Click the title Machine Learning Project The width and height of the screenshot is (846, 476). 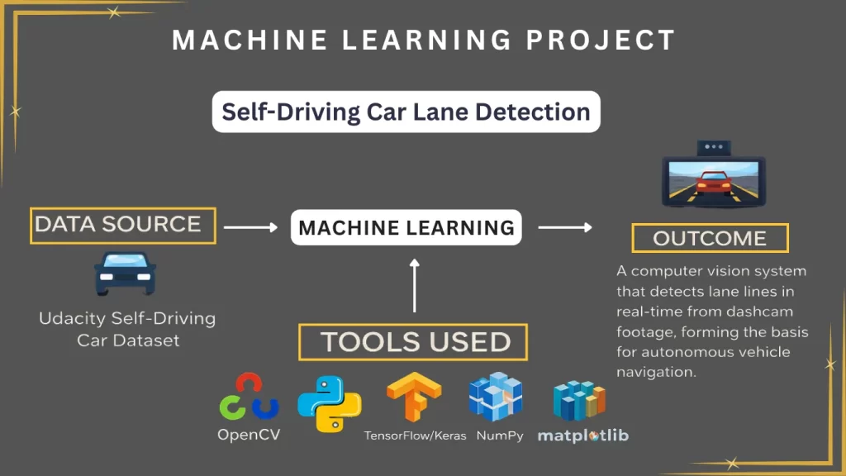pos(423,40)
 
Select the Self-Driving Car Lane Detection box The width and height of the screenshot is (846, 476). pos(406,112)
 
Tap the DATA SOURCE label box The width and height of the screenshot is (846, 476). pos(123,225)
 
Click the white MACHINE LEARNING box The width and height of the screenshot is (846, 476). pos(406,227)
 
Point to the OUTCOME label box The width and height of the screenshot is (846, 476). pos(710,238)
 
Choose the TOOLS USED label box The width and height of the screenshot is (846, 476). pos(415,342)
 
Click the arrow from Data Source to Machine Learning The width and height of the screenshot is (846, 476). pos(251,227)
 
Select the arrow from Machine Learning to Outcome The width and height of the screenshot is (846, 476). pos(565,227)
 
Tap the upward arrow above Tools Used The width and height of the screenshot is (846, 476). pos(415,286)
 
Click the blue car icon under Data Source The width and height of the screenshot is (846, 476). pos(125,274)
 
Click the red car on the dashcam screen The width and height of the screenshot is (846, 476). pos(714,181)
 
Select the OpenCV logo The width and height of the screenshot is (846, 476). pos(249,397)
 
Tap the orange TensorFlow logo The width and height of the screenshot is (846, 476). pos(413,397)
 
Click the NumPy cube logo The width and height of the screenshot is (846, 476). pos(496,397)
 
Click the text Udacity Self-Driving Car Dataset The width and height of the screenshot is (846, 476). pos(126,329)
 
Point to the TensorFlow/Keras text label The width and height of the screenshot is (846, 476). pos(415,436)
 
